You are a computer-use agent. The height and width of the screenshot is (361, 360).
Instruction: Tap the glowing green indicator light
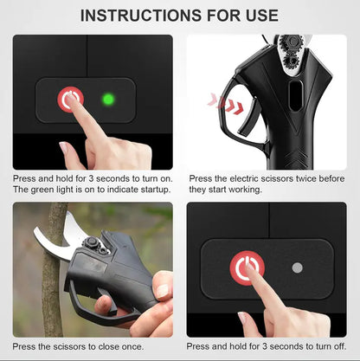(x=108, y=100)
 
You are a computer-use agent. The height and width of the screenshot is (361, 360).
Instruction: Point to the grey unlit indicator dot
(x=297, y=268)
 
